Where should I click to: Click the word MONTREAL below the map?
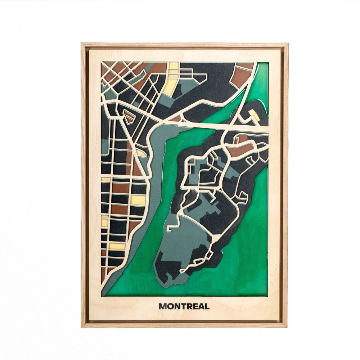(x=184, y=306)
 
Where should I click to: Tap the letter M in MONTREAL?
(x=162, y=306)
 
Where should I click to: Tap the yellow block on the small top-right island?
(x=254, y=116)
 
